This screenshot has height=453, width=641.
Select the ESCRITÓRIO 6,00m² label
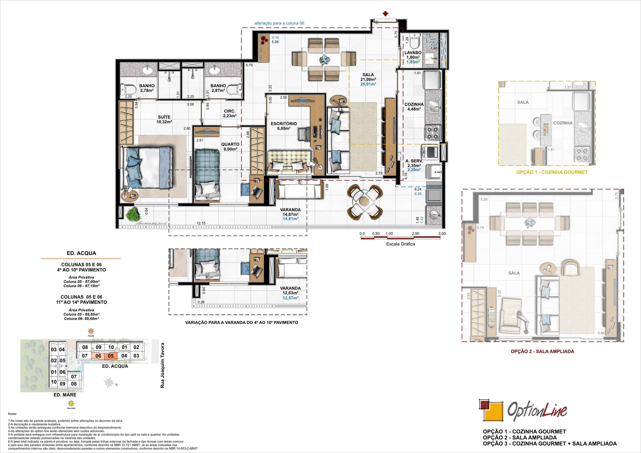click(x=284, y=126)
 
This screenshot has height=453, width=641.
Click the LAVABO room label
click(x=413, y=53)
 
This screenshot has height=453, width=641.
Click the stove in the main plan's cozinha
click(x=432, y=133)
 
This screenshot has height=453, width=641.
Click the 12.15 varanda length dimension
click(x=201, y=223)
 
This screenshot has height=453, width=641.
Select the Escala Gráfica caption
click(x=400, y=244)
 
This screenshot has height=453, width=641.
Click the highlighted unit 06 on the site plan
click(x=98, y=356)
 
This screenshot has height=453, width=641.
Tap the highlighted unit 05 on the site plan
click(x=111, y=356)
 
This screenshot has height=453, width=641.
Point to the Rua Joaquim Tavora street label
click(x=162, y=365)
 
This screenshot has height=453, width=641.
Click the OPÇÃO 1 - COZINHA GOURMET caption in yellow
click(x=552, y=172)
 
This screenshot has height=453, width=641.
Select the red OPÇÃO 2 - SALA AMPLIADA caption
click(x=542, y=351)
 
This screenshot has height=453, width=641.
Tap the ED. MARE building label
click(x=65, y=395)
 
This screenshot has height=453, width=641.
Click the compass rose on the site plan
click(x=110, y=383)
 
